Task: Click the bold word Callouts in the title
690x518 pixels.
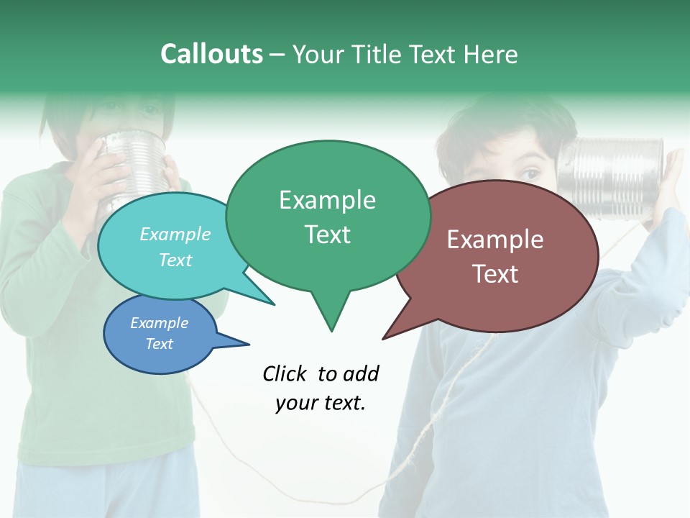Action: [x=211, y=54]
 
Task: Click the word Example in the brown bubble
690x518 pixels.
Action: [x=495, y=240]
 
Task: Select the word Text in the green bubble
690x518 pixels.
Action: [x=328, y=235]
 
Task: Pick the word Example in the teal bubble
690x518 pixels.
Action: [x=175, y=235]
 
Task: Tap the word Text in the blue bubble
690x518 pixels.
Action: [x=160, y=344]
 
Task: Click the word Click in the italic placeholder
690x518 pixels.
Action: [x=285, y=373]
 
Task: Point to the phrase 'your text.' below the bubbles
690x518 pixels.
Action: [x=321, y=403]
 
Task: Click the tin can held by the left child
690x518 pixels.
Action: [x=133, y=162]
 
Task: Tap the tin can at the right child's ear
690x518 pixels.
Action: [x=611, y=176]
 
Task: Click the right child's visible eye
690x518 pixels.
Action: [x=530, y=173]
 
